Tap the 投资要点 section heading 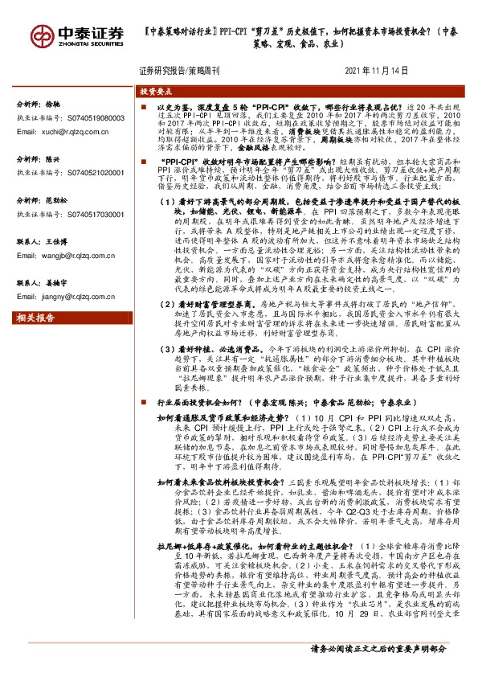pyautogui.click(x=157, y=92)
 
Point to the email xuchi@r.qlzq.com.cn pyautogui.click(x=71, y=131)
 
